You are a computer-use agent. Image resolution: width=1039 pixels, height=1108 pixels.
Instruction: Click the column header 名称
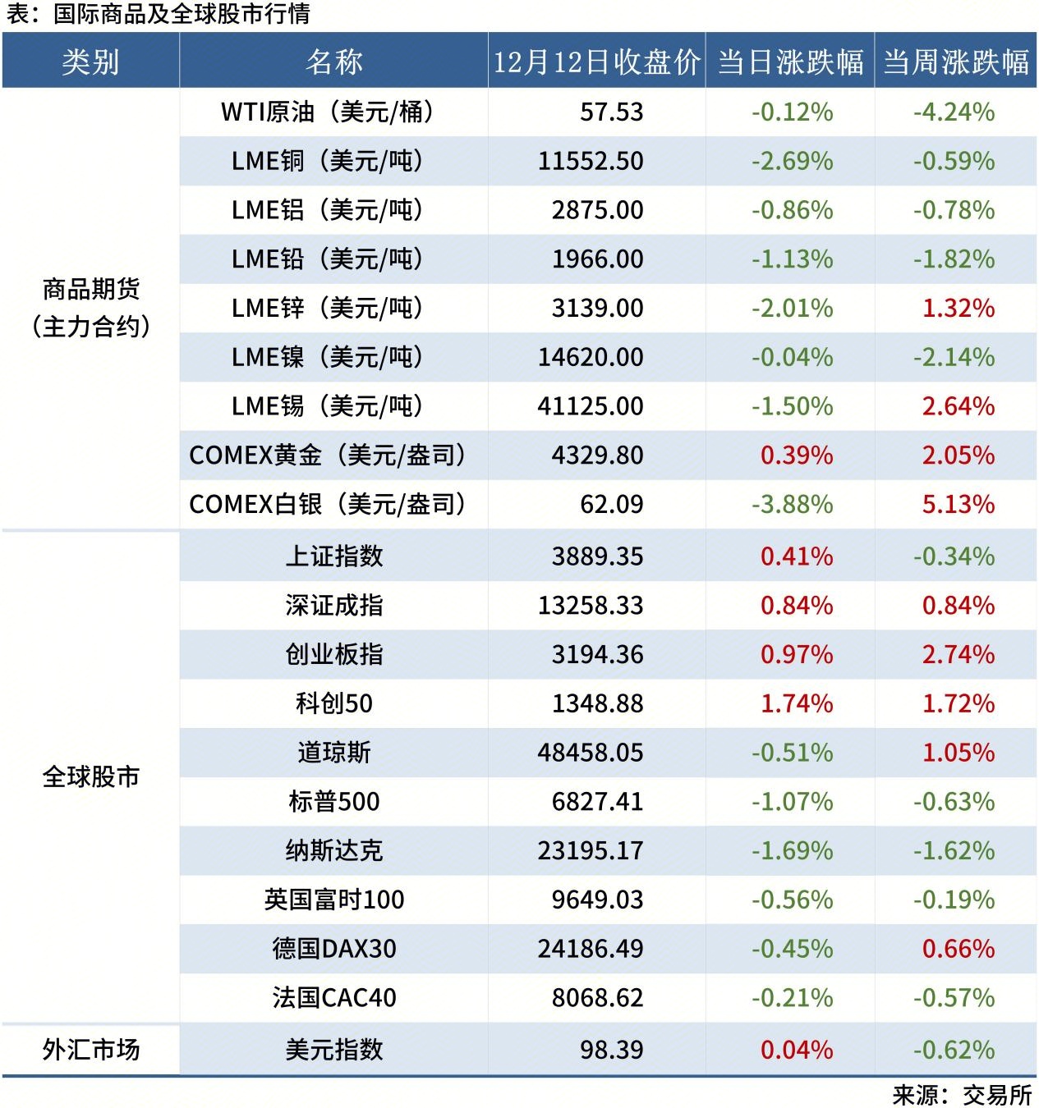pyautogui.click(x=333, y=62)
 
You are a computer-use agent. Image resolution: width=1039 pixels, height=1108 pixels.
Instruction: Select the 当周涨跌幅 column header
pyautogui.click(x=955, y=62)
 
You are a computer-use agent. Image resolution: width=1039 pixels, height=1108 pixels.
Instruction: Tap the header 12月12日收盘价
pyautogui.click(x=596, y=62)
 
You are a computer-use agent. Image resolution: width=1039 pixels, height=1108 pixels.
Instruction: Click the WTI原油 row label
pyautogui.click(x=328, y=112)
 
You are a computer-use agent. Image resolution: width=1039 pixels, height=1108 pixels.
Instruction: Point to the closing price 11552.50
pyautogui.click(x=591, y=161)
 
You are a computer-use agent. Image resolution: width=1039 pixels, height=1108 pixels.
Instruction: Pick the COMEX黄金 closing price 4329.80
pyautogui.click(x=597, y=455)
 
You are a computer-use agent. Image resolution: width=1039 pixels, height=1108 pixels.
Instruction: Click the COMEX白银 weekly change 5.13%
pyautogui.click(x=958, y=504)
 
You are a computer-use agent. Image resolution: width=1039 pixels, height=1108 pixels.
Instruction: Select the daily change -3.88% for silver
pyautogui.click(x=792, y=504)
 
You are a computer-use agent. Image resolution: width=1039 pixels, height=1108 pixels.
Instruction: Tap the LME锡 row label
pyautogui.click(x=328, y=405)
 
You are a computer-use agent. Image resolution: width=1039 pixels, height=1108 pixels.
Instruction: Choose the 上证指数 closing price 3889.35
pyautogui.click(x=597, y=556)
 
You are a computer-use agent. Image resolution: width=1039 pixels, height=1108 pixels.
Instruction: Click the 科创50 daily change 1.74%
pyautogui.click(x=796, y=703)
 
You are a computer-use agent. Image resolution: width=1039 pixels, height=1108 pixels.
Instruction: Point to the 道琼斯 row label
pyautogui.click(x=333, y=753)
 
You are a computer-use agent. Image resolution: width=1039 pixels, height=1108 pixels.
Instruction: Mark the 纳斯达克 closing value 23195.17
pyautogui.click(x=591, y=850)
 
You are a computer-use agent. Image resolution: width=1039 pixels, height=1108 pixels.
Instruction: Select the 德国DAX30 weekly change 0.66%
pyautogui.click(x=958, y=949)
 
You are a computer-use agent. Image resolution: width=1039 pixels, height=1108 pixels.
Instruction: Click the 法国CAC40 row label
pyautogui.click(x=333, y=998)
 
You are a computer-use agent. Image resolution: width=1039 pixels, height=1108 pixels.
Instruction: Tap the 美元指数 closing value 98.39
pyautogui.click(x=611, y=1050)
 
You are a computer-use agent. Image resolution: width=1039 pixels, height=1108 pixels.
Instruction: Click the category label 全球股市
pyautogui.click(x=90, y=776)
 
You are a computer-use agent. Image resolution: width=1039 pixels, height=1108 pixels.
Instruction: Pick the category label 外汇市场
pyautogui.click(x=90, y=1050)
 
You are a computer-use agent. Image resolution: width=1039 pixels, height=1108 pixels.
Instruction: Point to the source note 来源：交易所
pyautogui.click(x=961, y=1095)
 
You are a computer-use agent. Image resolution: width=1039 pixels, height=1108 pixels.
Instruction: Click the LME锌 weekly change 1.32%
pyautogui.click(x=958, y=308)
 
